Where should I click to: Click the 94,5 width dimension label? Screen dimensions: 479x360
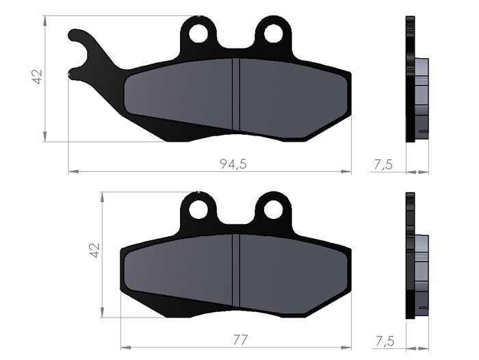point(233,164)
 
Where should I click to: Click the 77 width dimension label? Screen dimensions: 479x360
point(240,340)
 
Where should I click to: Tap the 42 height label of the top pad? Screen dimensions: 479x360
point(37,77)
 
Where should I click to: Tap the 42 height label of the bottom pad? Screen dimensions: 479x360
point(94,250)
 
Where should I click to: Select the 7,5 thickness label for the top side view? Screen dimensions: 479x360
point(383,165)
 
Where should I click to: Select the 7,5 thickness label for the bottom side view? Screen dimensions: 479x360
point(385,341)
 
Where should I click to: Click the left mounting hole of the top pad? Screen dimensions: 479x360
point(198,33)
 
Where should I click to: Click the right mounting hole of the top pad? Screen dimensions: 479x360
point(274,33)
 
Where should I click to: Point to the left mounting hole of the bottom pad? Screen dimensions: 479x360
point(198,209)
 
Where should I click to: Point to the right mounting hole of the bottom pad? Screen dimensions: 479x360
point(274,209)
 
